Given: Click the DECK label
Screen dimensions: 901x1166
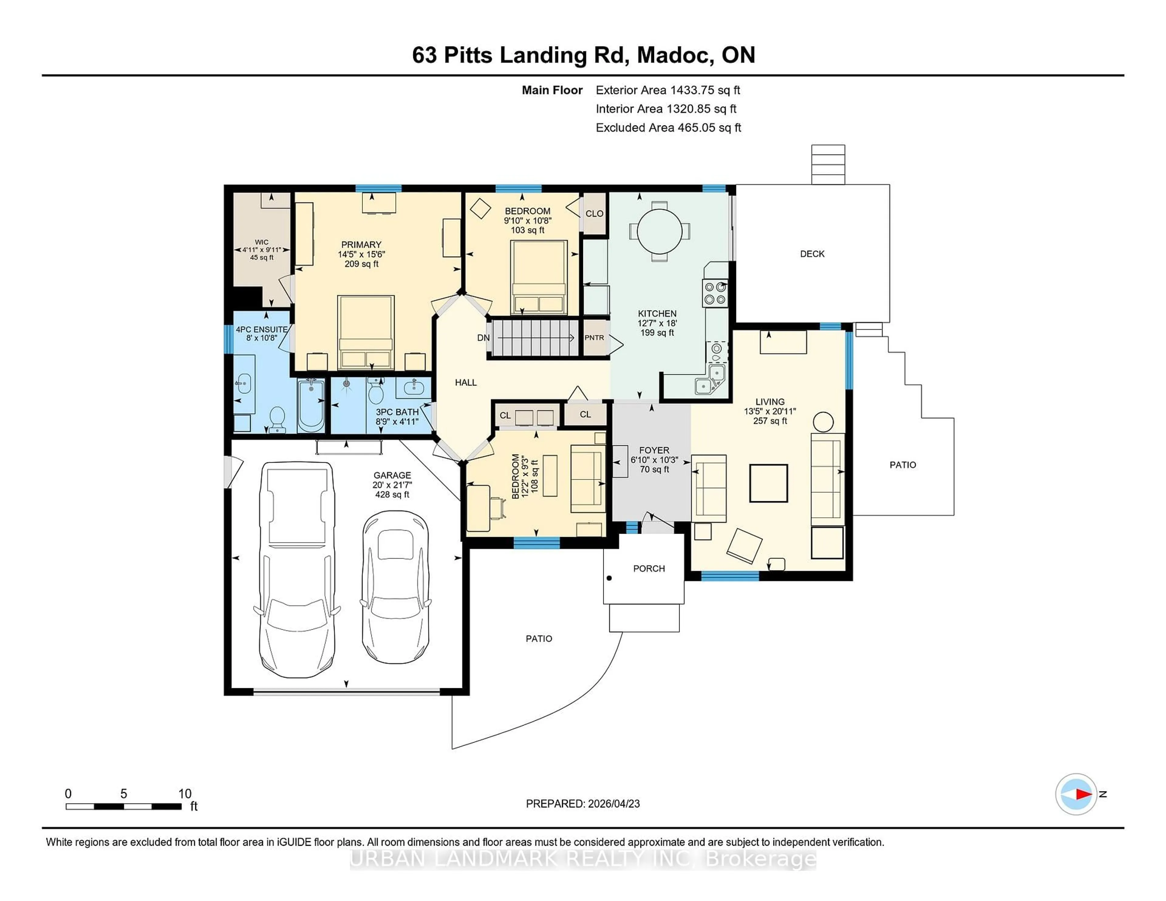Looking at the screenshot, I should pyautogui.click(x=812, y=254).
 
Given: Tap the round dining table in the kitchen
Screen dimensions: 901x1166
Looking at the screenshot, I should pyautogui.click(x=659, y=231).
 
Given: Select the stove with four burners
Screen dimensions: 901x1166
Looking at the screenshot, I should pyautogui.click(x=715, y=293).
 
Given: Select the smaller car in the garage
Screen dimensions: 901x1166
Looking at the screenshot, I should pyautogui.click(x=395, y=587).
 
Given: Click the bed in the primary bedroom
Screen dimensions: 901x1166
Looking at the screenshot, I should pyautogui.click(x=366, y=332).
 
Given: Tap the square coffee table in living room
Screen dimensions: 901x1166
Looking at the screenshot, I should pyautogui.click(x=768, y=483).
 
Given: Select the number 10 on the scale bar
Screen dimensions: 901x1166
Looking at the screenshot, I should pyautogui.click(x=185, y=794).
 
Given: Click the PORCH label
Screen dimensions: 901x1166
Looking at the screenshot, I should pyautogui.click(x=649, y=569).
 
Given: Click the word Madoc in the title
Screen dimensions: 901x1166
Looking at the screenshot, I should pyautogui.click(x=675, y=56).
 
